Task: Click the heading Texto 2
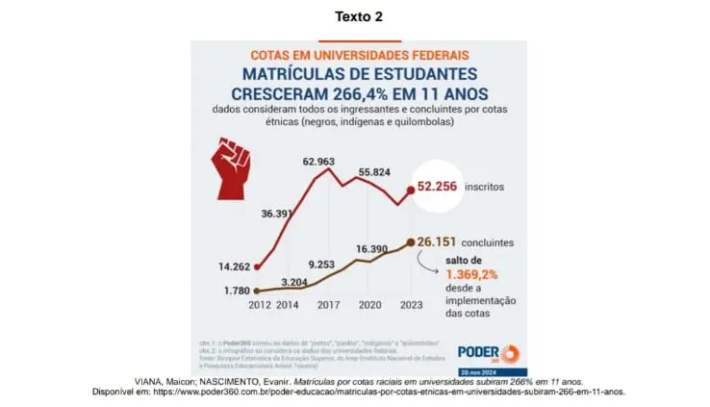pos(354,17)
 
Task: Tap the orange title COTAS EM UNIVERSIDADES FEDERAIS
pos(360,56)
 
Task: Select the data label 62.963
pos(318,162)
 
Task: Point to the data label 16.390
pos(373,249)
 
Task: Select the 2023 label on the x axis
pos(409,305)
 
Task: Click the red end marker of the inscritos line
pos(411,191)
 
